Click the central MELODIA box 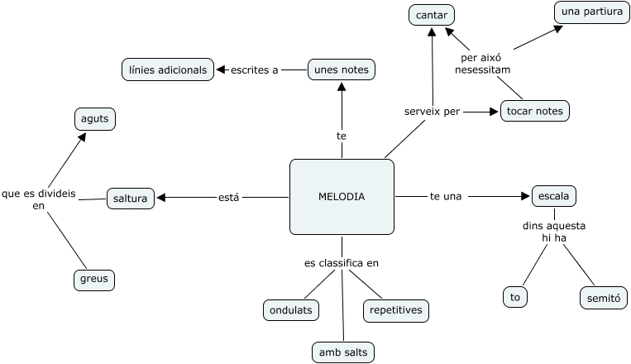coord(342,196)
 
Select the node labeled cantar coord(432,15)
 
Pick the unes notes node coord(342,69)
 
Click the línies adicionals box coord(168,69)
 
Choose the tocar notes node coord(535,111)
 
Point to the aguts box coord(94,119)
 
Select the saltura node coord(131,199)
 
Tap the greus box coord(93,280)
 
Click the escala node coord(553,197)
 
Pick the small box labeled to coord(515,296)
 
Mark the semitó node coord(603,297)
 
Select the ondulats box coord(291,310)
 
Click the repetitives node coord(396,310)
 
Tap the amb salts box coord(343,352)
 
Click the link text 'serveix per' coord(432,111)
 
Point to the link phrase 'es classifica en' coord(341,263)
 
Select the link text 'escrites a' coord(255,69)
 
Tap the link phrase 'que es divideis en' coord(38,199)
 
